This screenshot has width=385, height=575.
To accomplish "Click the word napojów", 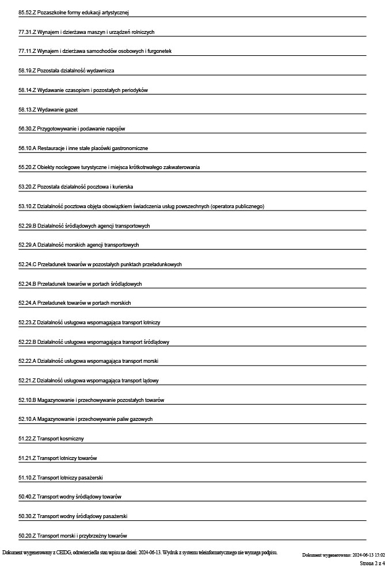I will pos(115,129).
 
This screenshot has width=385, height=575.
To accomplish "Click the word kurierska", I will pos(122,187).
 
